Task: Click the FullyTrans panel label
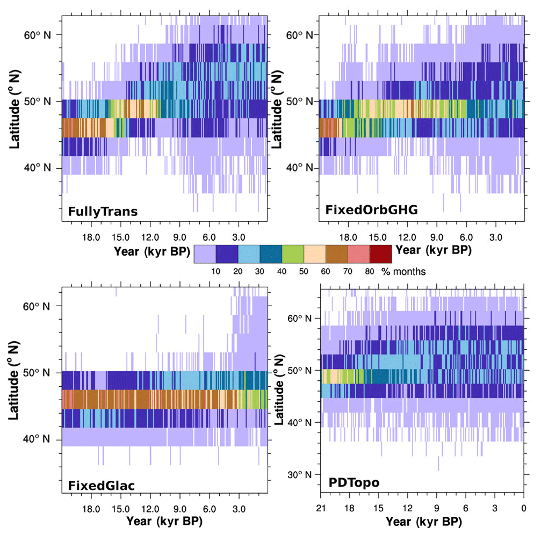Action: tap(102, 212)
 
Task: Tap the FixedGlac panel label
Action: tap(101, 486)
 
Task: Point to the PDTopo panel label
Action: tap(354, 483)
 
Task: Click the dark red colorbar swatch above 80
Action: tap(380, 254)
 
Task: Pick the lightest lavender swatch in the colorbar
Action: tap(204, 254)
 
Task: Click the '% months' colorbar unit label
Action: tap(404, 271)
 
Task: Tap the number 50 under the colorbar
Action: tap(304, 271)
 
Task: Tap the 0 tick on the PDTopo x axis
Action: tap(524, 509)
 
